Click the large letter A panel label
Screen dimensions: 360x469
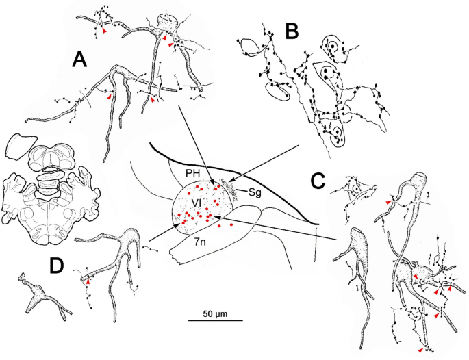pyautogui.click(x=81, y=62)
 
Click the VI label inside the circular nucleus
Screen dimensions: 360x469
pyautogui.click(x=195, y=203)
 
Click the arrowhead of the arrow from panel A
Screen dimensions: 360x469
pyautogui.click(x=216, y=185)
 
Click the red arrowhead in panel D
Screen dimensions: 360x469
pyautogui.click(x=87, y=281)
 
